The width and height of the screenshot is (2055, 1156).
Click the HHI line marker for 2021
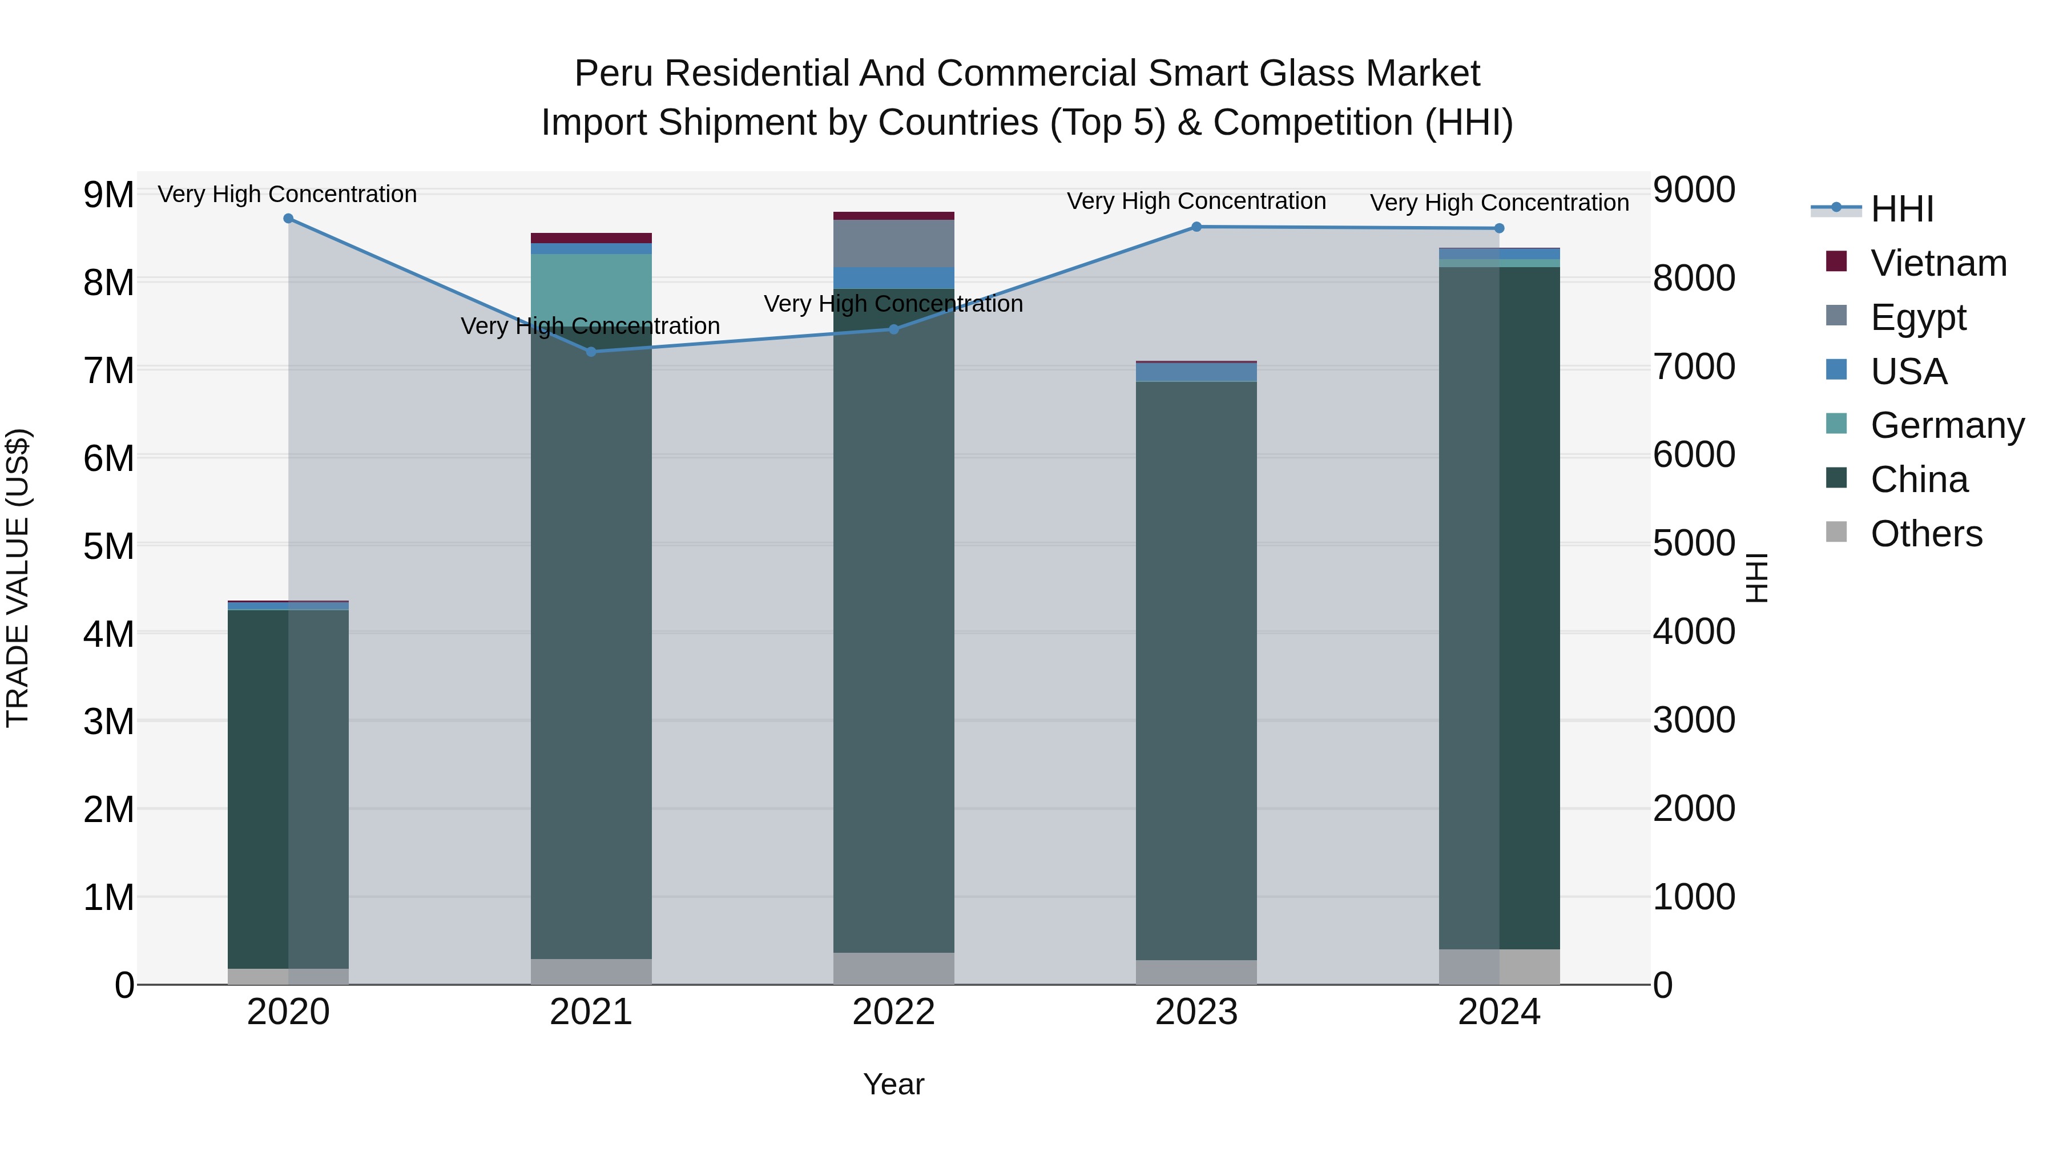591,352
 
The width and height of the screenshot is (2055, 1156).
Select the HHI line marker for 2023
1196,227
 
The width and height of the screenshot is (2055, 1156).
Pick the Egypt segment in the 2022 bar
893,243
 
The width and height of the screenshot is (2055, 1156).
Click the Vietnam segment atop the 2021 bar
591,237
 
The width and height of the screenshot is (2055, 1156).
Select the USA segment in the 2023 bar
1196,372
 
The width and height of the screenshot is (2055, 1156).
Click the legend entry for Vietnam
1938,263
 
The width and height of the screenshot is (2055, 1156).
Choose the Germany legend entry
1947,425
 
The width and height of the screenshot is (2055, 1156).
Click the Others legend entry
1926,534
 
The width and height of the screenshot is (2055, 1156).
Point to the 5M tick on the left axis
108,546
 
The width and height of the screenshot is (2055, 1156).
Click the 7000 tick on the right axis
1694,367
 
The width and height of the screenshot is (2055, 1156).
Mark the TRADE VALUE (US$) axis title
18,578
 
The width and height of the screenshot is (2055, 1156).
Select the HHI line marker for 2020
289,219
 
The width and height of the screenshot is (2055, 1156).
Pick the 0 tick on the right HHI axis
1663,986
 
